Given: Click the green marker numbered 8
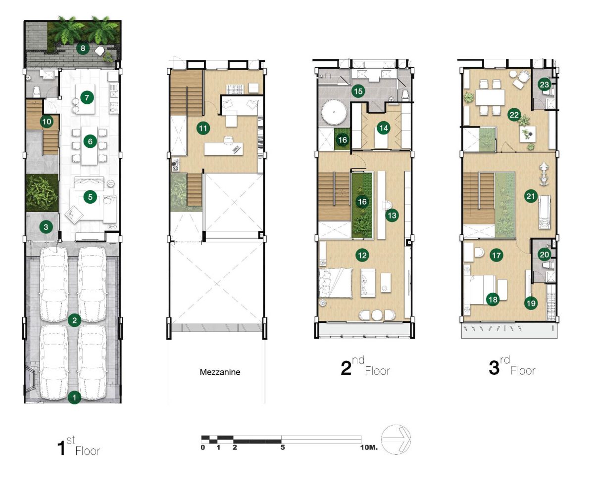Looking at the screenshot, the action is (83, 48).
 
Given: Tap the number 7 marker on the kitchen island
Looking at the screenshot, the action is (87, 97).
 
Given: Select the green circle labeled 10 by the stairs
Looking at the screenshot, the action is (47, 122).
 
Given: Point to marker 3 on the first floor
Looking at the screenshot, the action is (46, 226).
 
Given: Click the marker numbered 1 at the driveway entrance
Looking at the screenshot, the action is (74, 397).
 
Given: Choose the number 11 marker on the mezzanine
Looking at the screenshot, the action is (203, 129).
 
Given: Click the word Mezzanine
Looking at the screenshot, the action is (220, 372).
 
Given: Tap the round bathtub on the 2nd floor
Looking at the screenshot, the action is (334, 113).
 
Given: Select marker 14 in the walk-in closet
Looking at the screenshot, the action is (383, 128).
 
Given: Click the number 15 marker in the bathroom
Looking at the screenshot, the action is (358, 91).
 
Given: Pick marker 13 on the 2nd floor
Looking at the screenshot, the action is (392, 216).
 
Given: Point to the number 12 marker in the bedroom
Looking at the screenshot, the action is (362, 256).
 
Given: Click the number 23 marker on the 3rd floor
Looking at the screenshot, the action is (544, 85).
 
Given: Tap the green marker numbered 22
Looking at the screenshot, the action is (514, 115).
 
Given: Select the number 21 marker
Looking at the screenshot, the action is (531, 196).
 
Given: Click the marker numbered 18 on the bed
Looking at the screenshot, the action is (493, 299).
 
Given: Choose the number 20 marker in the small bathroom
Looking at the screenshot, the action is (544, 255).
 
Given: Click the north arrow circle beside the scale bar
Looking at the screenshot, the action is (396, 440).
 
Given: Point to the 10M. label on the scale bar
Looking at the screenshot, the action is (369, 447).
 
